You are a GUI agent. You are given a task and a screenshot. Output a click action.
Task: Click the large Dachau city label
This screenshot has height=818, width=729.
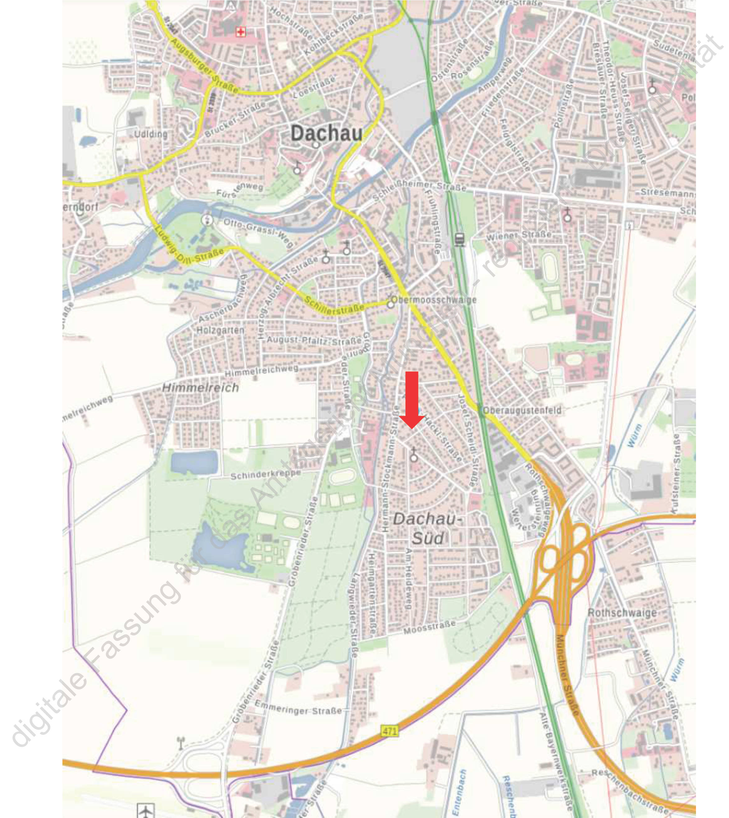326,133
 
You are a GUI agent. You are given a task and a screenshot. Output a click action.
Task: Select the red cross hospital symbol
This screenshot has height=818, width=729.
240,32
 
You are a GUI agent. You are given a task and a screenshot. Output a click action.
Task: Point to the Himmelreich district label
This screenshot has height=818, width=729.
200,388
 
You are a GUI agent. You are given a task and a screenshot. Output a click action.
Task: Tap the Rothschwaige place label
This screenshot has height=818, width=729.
622,613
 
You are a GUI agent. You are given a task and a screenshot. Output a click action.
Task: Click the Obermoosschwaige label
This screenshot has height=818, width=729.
434,300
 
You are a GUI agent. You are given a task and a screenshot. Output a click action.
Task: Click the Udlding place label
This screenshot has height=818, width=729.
150,134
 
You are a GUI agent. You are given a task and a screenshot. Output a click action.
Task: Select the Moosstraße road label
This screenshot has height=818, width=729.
429,627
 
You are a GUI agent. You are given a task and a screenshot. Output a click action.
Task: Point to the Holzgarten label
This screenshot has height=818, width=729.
220,331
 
